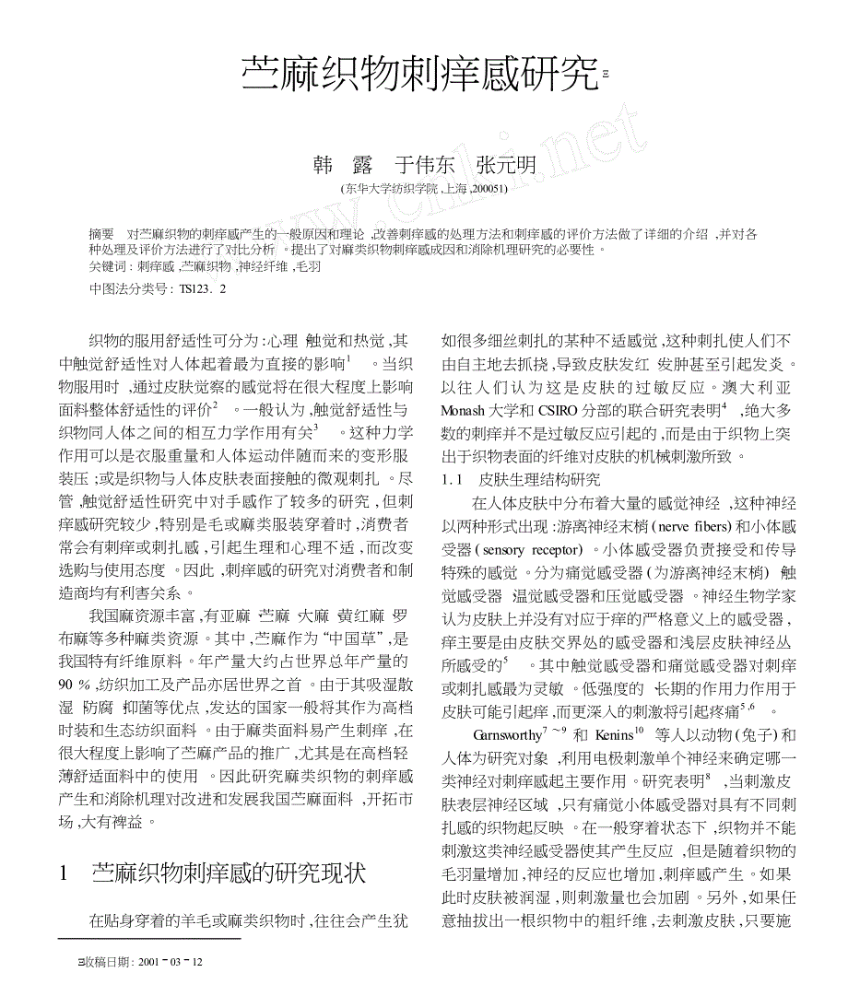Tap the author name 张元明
click(506, 166)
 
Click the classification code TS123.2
click(202, 288)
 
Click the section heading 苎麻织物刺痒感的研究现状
click(228, 873)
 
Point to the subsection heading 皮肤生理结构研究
click(540, 480)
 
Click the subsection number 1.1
click(453, 480)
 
